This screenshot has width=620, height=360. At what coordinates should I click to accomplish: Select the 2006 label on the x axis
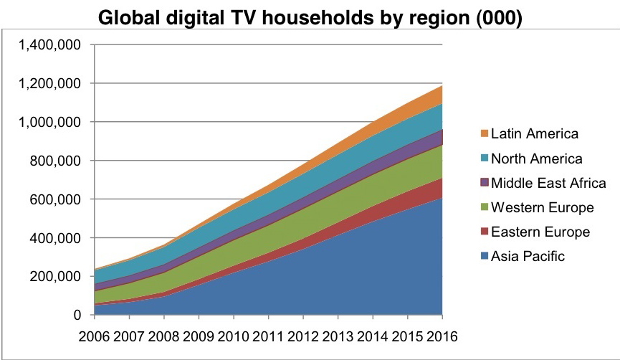(93, 336)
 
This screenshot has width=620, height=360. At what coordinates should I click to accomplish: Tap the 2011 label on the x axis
(267, 336)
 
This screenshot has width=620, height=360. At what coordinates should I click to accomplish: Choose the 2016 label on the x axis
(442, 336)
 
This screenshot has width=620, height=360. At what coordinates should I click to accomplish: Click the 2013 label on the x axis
(337, 336)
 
